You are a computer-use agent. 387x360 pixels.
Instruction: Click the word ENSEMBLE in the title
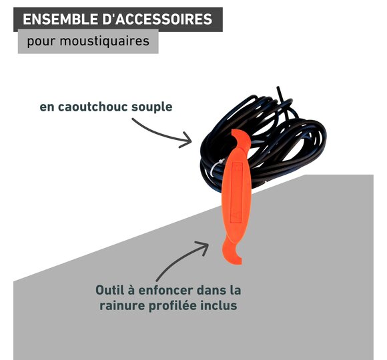click(x=60, y=19)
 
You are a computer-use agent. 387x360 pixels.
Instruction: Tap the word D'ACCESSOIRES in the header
click(x=157, y=19)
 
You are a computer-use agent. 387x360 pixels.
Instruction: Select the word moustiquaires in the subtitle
click(x=105, y=41)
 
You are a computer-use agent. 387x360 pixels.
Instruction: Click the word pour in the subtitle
click(x=41, y=42)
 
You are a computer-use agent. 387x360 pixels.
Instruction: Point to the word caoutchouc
click(x=93, y=107)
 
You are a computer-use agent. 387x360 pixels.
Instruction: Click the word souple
click(x=151, y=107)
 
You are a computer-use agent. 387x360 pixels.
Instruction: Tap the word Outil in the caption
click(x=110, y=290)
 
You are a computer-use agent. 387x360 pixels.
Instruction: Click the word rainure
click(x=122, y=306)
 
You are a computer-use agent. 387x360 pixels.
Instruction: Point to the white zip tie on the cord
click(x=216, y=166)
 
